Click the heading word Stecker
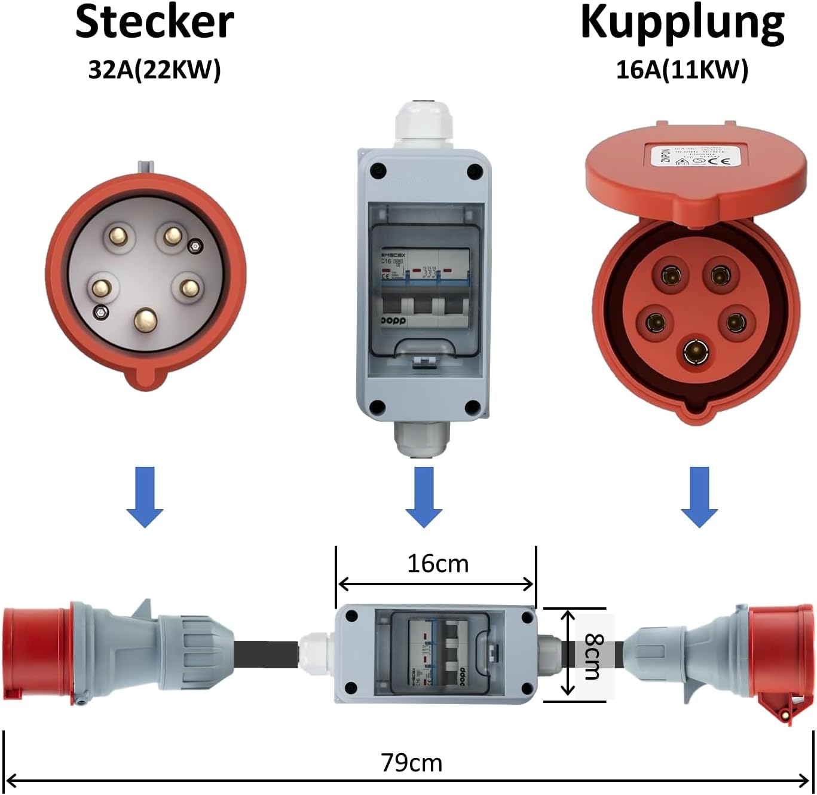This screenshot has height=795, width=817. pyautogui.click(x=154, y=23)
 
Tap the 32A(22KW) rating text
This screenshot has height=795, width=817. pyautogui.click(x=154, y=69)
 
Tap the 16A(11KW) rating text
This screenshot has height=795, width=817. pyautogui.click(x=682, y=69)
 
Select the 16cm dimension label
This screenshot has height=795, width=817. pyautogui.click(x=437, y=564)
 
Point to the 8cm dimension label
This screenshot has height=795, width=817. pyautogui.click(x=593, y=656)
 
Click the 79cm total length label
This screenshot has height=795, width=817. pyautogui.click(x=411, y=763)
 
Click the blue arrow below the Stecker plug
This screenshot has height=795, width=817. pyautogui.click(x=145, y=497)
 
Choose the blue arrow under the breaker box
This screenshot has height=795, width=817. pyautogui.click(x=424, y=497)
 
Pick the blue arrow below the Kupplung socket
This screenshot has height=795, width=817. pyautogui.click(x=699, y=497)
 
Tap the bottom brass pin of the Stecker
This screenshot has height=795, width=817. pyautogui.click(x=145, y=320)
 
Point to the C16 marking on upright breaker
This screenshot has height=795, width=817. pyautogui.click(x=386, y=261)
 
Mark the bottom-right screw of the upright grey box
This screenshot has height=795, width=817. pyautogui.click(x=472, y=408)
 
